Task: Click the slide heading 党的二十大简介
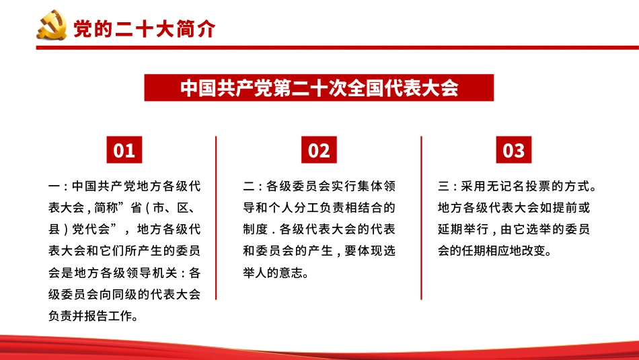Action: pos(144,30)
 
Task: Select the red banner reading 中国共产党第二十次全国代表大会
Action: pos(319,88)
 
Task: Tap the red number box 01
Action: pos(124,150)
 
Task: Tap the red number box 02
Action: pos(319,150)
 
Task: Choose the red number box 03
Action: pos(513,150)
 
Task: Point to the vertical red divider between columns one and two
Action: pos(216,217)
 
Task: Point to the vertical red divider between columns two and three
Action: pos(422,217)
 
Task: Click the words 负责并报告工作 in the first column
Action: pos(93,316)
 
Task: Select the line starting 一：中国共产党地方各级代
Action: pos(124,186)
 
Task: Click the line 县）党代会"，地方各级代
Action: pos(124,229)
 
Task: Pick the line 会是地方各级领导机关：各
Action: pos(124,273)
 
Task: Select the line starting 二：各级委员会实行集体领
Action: pos(319,186)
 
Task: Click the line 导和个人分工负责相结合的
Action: pos(319,207)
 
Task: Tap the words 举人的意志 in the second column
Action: pos(276,273)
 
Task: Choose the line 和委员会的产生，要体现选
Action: pos(319,251)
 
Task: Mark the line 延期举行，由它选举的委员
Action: pos(513,229)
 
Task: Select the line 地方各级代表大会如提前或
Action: pos(513,207)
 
